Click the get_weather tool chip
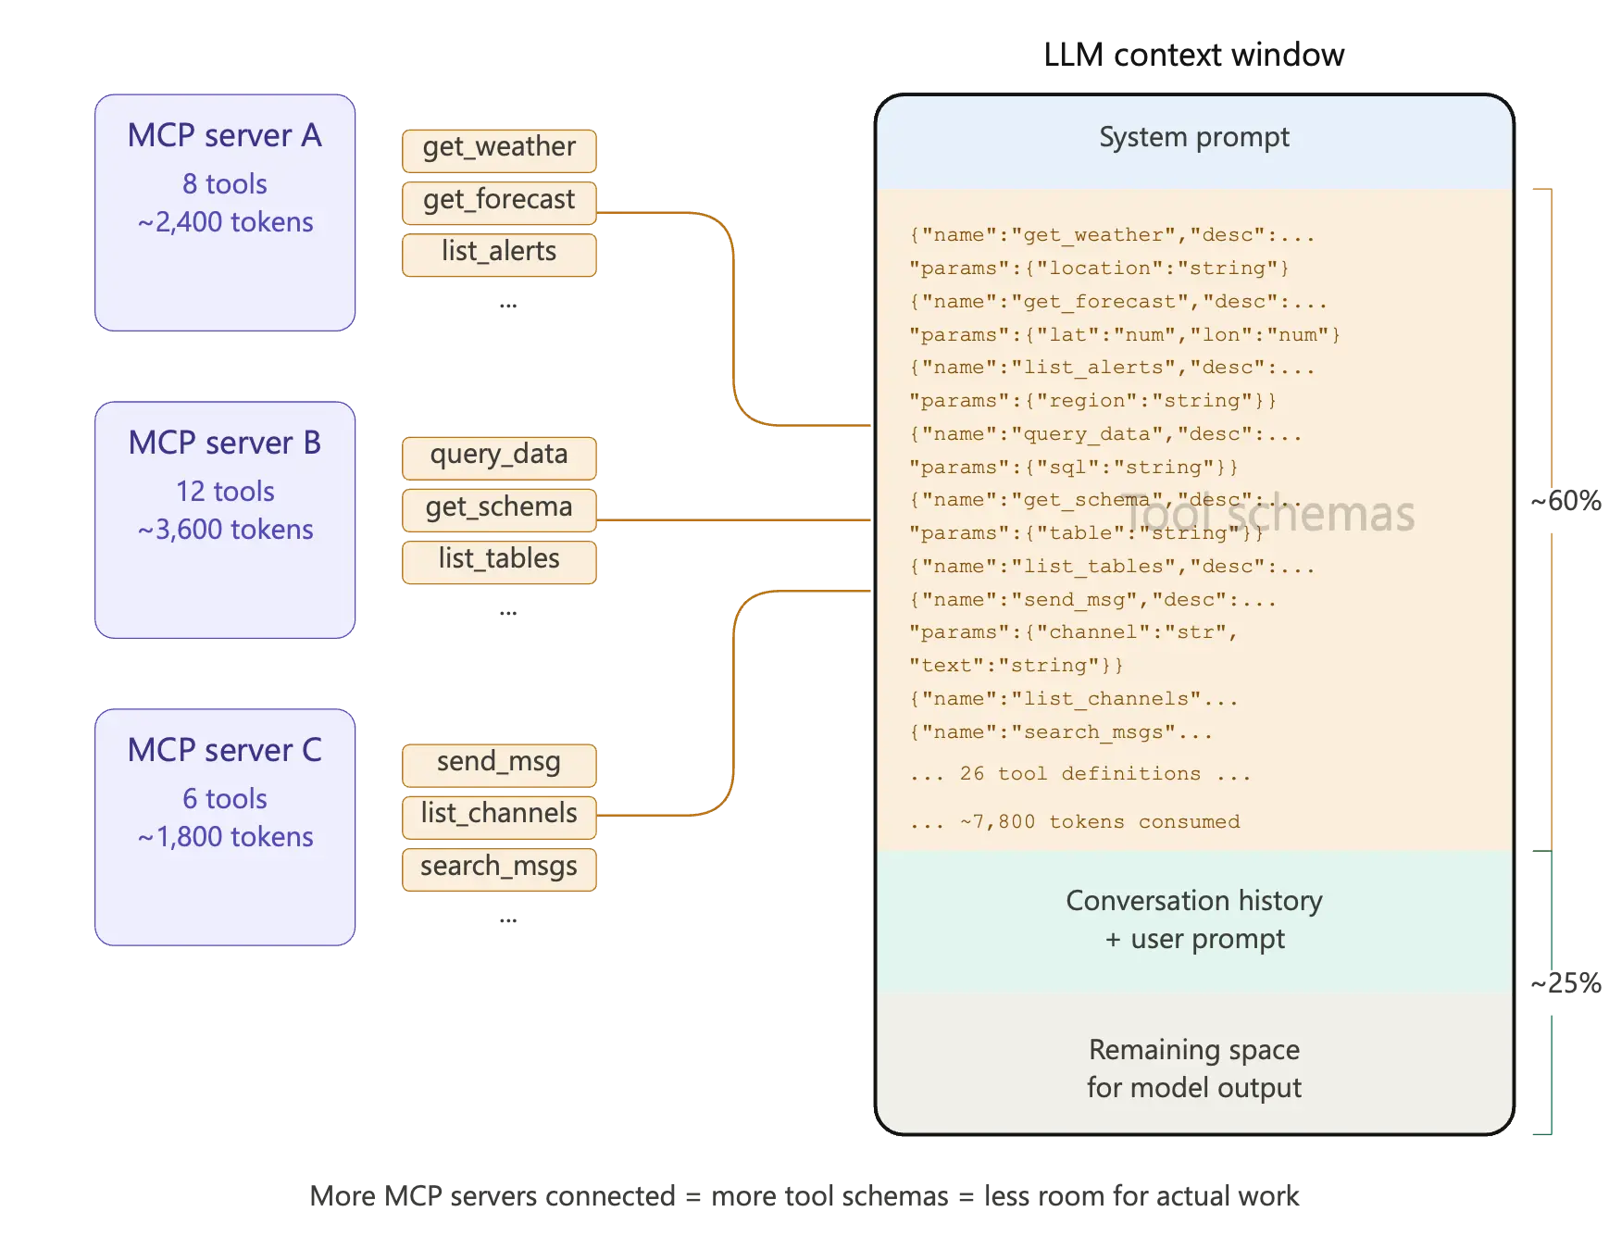(499, 149)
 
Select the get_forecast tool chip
(499, 202)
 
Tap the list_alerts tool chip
(499, 254)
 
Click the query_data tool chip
(499, 456)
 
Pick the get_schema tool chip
(499, 509)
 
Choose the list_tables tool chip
(499, 561)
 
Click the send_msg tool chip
(499, 764)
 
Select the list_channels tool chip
(499, 816)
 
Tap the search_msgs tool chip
(499, 868)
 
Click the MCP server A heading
(225, 136)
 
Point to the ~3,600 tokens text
(225, 530)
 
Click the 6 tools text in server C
(225, 798)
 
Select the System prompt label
(1193, 138)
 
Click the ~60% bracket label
(1565, 502)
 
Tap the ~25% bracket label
(1565, 983)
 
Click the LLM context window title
(1193, 56)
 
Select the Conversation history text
(1193, 901)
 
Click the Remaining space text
(1193, 1050)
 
